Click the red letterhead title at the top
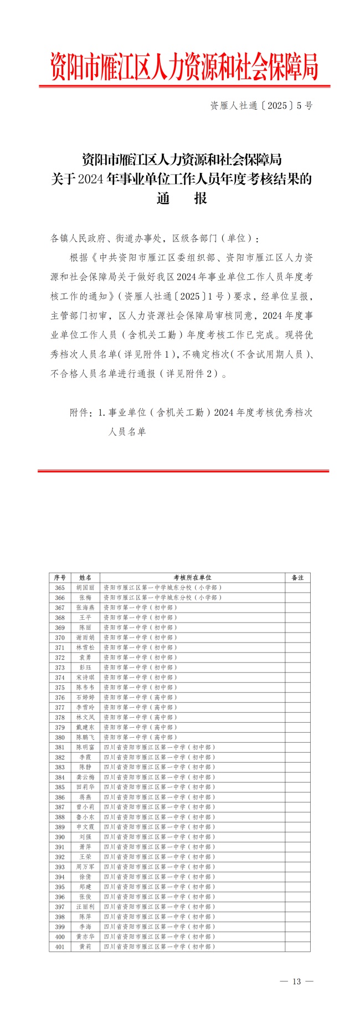184,66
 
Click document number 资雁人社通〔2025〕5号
261,105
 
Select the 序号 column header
60,577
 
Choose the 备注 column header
297,577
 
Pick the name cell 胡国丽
85,587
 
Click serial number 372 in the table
60,657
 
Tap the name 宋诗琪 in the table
85,677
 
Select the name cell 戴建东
85,727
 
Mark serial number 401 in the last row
60,947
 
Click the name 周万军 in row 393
85,867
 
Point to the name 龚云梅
85,777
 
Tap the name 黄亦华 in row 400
85,937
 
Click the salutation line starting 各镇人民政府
155,238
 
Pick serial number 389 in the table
60,827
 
